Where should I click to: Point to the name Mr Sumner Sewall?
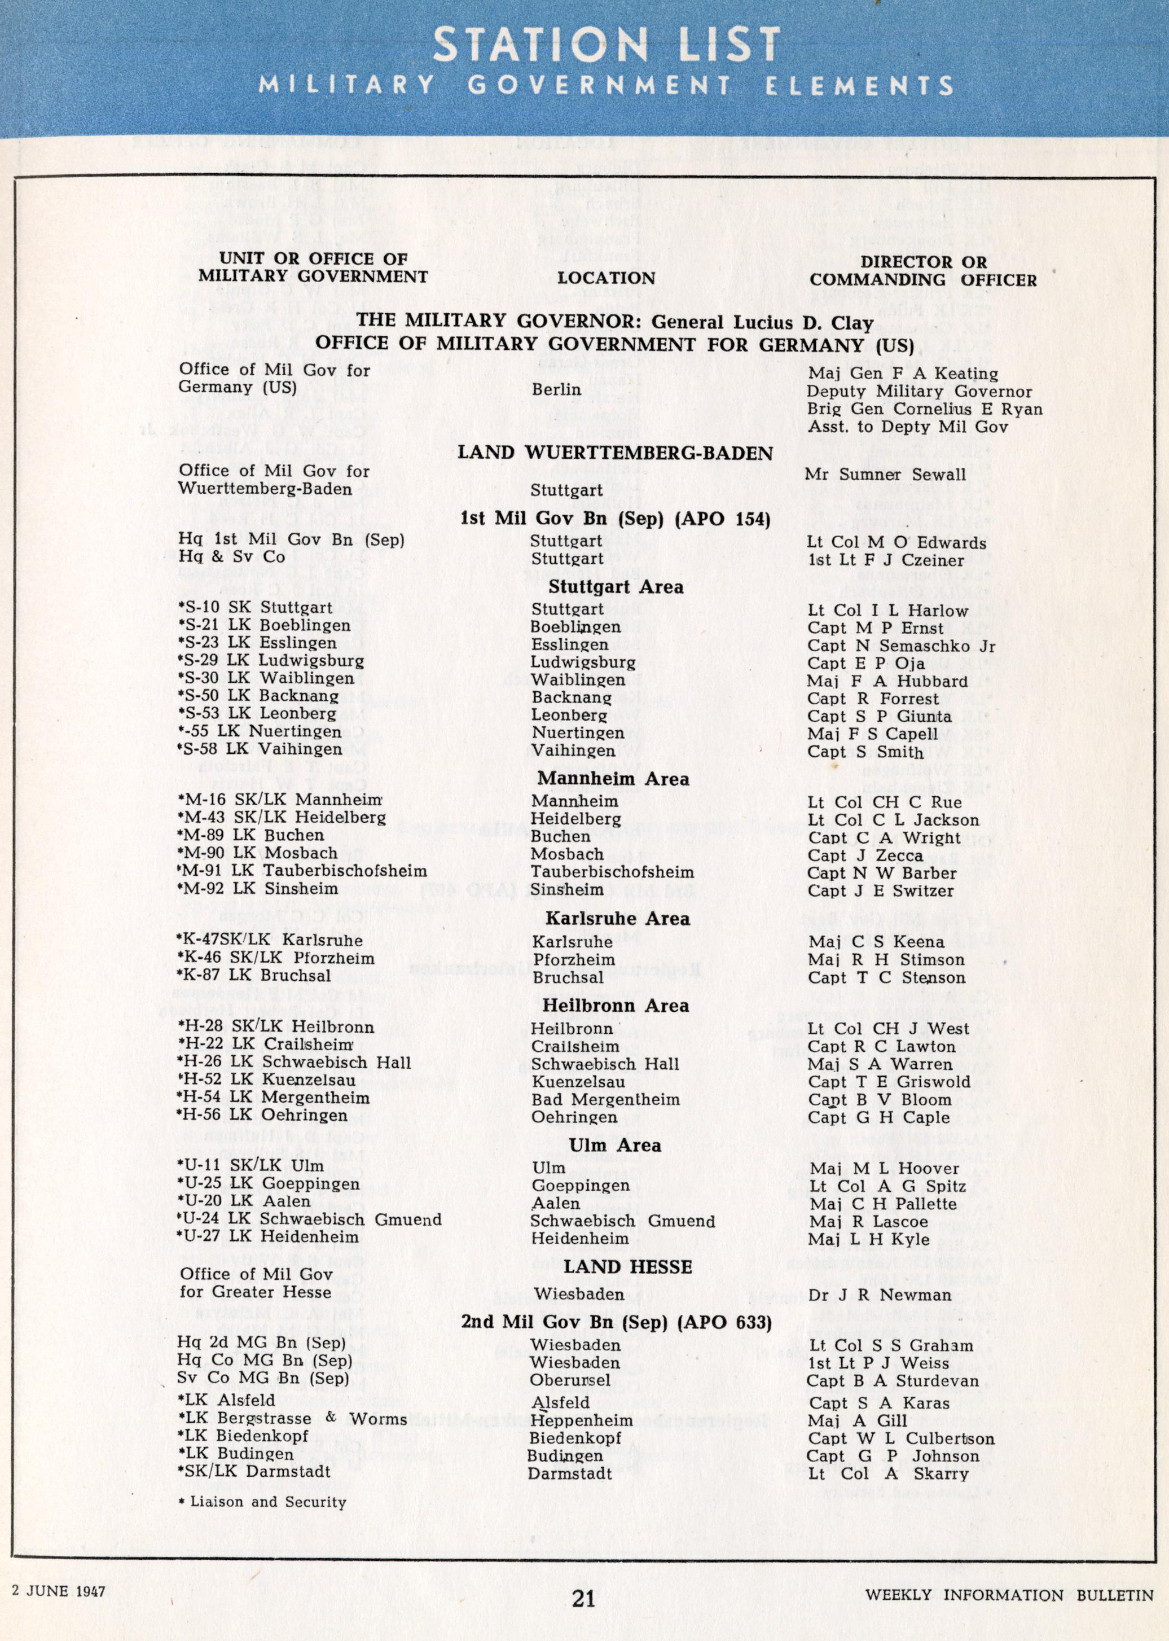pos(885,475)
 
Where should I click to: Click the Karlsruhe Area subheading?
pos(618,919)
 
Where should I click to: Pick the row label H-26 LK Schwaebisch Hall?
pos(295,1062)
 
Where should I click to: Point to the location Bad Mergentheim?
pos(605,1099)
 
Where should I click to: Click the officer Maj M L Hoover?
pos(884,1168)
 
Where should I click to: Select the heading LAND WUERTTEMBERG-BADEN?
pos(616,453)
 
